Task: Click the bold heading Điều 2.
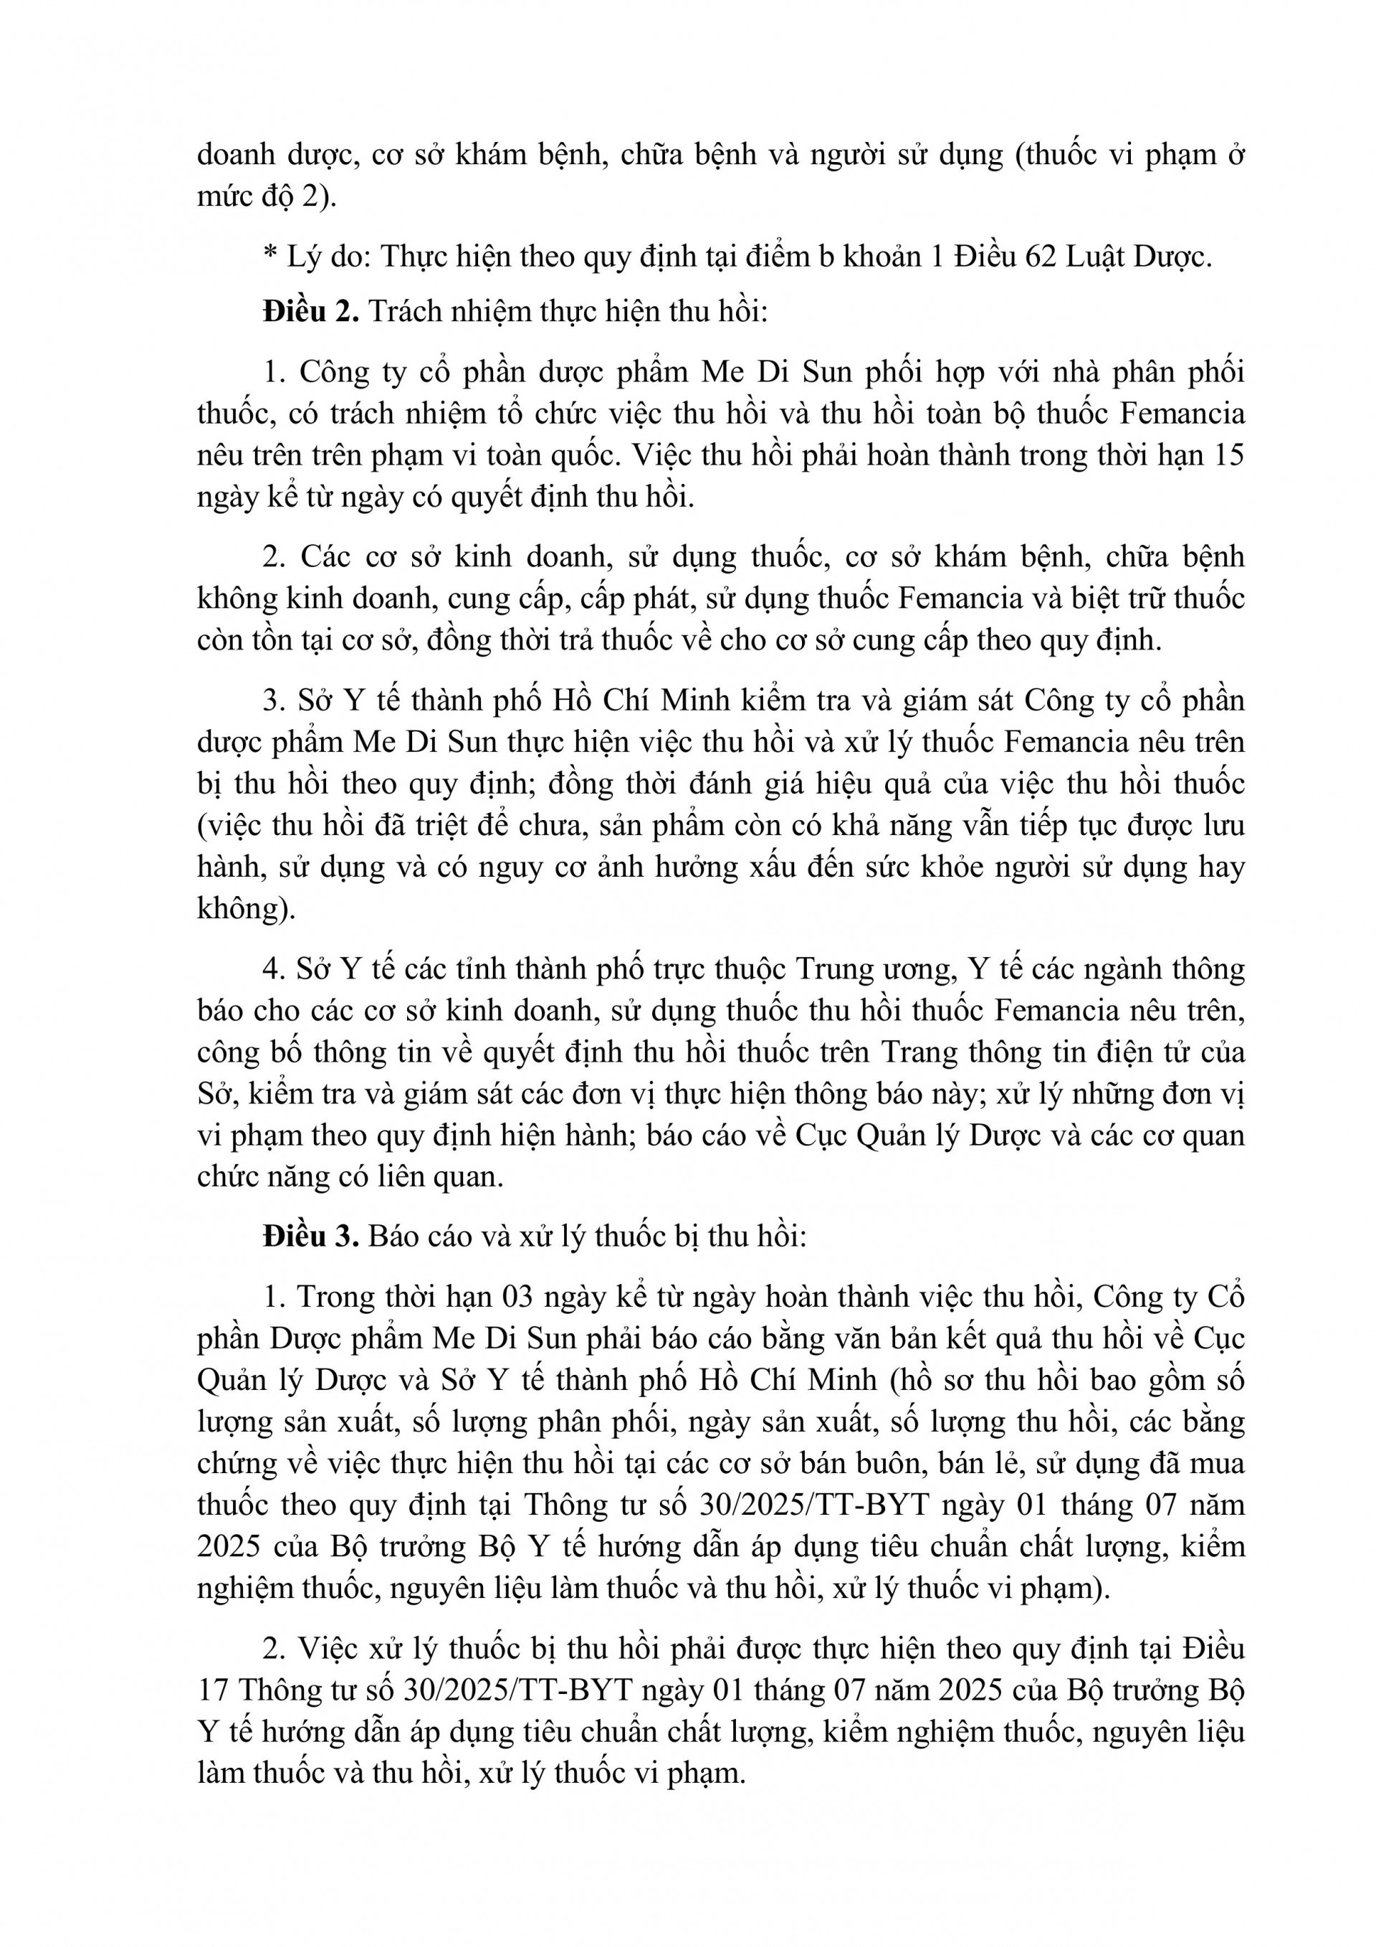(311, 311)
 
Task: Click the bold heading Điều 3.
(311, 1237)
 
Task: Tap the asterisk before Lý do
(270, 254)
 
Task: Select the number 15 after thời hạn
(1227, 455)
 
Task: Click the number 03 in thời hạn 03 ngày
(519, 1297)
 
